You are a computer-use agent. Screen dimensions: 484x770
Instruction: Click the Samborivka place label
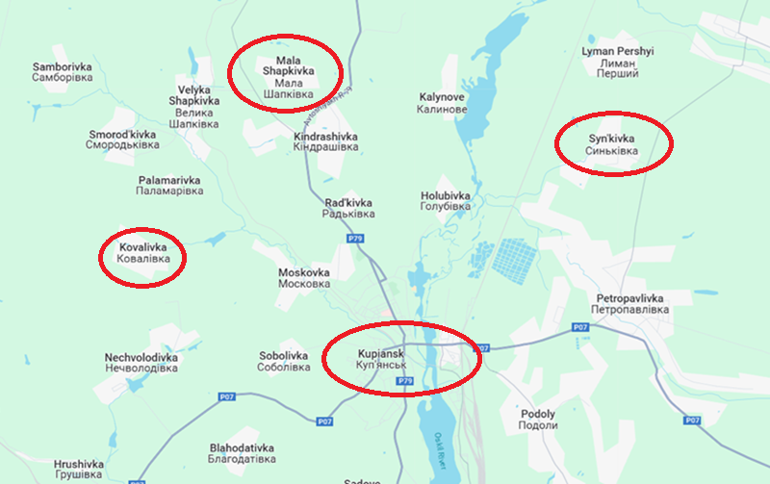[x=62, y=72]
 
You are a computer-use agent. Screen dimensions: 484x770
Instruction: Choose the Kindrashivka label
[x=325, y=143]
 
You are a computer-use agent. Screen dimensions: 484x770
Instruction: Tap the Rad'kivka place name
[x=346, y=208]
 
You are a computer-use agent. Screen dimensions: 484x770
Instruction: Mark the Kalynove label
[x=443, y=103]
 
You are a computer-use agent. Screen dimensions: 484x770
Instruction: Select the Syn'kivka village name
[x=612, y=145]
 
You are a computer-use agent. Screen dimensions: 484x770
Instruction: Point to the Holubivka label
[x=446, y=201]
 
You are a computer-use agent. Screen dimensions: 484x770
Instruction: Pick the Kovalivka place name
[x=142, y=253]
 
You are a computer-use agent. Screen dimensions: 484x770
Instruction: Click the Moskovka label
[x=303, y=278]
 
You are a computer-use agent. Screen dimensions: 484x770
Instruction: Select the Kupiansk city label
[x=385, y=360]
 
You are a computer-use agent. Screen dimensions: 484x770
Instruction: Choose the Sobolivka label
[x=283, y=362]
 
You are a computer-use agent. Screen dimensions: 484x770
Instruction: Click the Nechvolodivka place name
[x=141, y=363]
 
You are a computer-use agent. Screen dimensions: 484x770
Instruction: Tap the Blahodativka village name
[x=242, y=454]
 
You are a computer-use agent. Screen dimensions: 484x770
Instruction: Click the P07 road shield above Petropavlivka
[x=579, y=328]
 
